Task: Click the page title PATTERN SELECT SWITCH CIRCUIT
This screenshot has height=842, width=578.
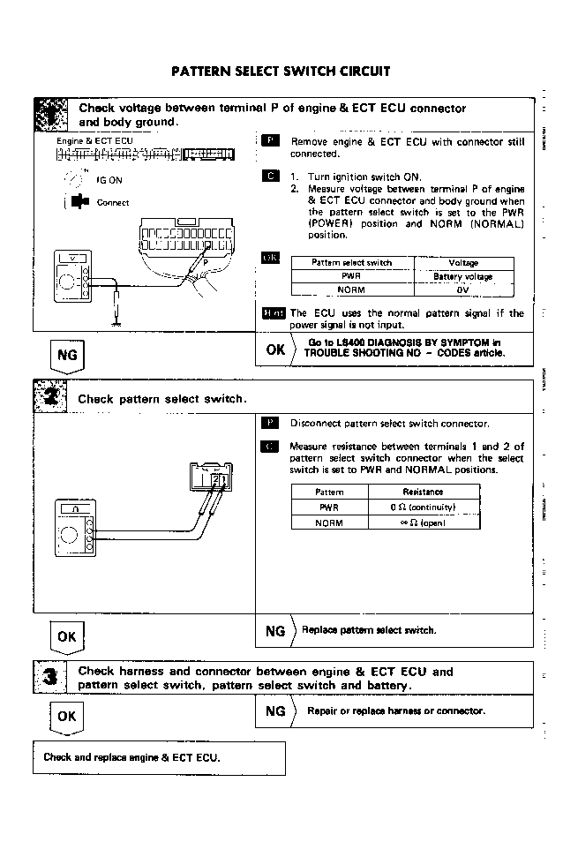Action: click(x=281, y=71)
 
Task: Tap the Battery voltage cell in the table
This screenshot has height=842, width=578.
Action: click(x=463, y=276)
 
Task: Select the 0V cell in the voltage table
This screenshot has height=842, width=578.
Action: click(x=463, y=289)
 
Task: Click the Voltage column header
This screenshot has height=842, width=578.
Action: click(x=463, y=263)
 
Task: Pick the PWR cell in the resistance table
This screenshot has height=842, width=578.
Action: click(x=328, y=507)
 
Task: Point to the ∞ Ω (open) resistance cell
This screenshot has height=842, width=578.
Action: click(x=423, y=522)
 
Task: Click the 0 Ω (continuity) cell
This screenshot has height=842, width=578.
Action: click(x=423, y=507)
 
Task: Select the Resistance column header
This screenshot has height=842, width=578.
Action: click(x=423, y=492)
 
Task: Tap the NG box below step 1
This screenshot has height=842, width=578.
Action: click(x=66, y=355)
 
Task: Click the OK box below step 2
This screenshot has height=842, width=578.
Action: click(x=66, y=635)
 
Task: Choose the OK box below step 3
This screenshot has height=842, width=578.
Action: click(x=66, y=717)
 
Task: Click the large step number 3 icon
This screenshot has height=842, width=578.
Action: click(x=50, y=678)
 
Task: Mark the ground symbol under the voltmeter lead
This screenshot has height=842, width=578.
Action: click(x=116, y=323)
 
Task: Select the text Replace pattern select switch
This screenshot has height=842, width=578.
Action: click(x=369, y=630)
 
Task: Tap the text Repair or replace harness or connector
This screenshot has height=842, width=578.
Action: click(x=395, y=710)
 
